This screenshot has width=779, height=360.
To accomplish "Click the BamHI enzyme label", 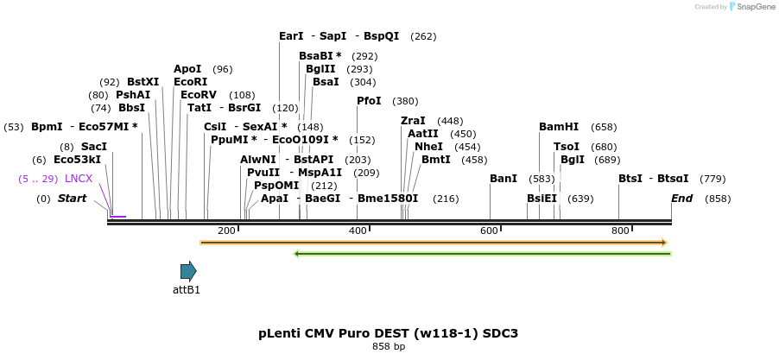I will click(x=558, y=127).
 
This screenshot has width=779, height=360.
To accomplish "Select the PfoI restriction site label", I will click(x=369, y=101).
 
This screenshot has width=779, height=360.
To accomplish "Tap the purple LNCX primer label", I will click(x=79, y=179).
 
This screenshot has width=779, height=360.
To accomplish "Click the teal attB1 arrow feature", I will click(x=188, y=271).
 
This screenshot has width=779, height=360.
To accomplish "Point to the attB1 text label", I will click(x=187, y=290).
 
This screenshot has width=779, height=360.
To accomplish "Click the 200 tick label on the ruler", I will click(x=226, y=231).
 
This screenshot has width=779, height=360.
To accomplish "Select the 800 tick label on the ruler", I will click(x=619, y=231).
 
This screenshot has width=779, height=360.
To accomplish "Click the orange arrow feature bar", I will click(x=433, y=243).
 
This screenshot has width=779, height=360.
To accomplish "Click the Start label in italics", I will click(x=73, y=199).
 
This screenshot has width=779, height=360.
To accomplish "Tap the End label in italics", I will click(x=681, y=199).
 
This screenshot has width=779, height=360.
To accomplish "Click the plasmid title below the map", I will click(x=388, y=333).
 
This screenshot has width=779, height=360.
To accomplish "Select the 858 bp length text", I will click(x=388, y=347).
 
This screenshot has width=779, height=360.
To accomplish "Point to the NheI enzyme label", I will click(x=428, y=147).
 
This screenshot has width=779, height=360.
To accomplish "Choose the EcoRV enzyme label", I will click(x=199, y=95).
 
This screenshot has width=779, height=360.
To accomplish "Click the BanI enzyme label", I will click(x=503, y=179).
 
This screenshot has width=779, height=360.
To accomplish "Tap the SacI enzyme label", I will click(x=94, y=147).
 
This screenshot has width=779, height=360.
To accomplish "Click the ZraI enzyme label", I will click(x=413, y=121).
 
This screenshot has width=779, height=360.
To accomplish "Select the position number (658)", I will click(x=604, y=127).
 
